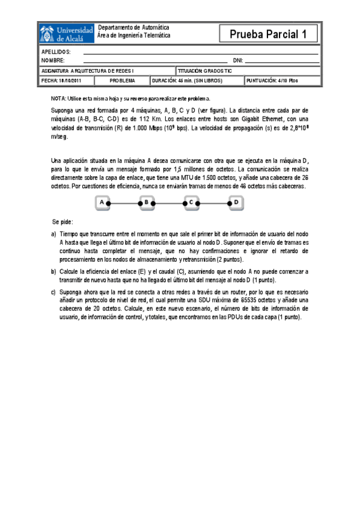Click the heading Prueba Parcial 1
click(268, 35)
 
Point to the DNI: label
click(237, 61)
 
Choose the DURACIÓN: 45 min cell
click(188, 80)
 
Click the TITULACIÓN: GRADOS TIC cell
click(204, 70)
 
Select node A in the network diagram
click(103, 203)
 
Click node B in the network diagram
click(147, 203)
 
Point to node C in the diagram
click(191, 203)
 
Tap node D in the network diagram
click(236, 203)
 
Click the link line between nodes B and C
click(169, 204)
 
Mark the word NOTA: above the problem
click(58, 98)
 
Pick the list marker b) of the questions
click(53, 272)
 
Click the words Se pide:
click(62, 222)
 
